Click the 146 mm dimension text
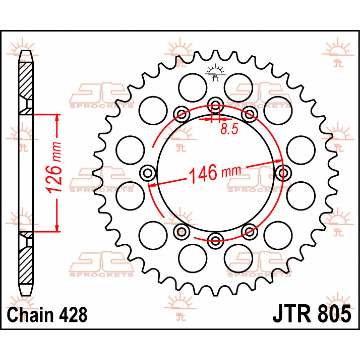(214, 173)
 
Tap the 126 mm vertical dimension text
(54, 168)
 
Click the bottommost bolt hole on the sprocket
(215, 241)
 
